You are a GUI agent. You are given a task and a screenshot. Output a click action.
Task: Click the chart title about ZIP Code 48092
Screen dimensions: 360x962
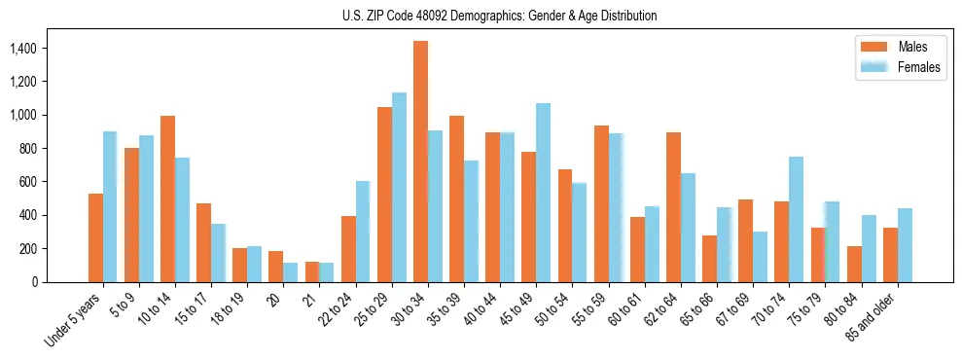click(500, 16)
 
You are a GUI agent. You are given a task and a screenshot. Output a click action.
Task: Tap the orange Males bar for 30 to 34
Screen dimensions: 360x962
click(421, 162)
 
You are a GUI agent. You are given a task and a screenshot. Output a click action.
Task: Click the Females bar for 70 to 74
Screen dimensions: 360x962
click(796, 219)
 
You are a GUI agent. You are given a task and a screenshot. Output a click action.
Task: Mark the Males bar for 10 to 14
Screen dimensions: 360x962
click(167, 198)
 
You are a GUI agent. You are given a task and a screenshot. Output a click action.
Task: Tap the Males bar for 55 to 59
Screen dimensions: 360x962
click(601, 203)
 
